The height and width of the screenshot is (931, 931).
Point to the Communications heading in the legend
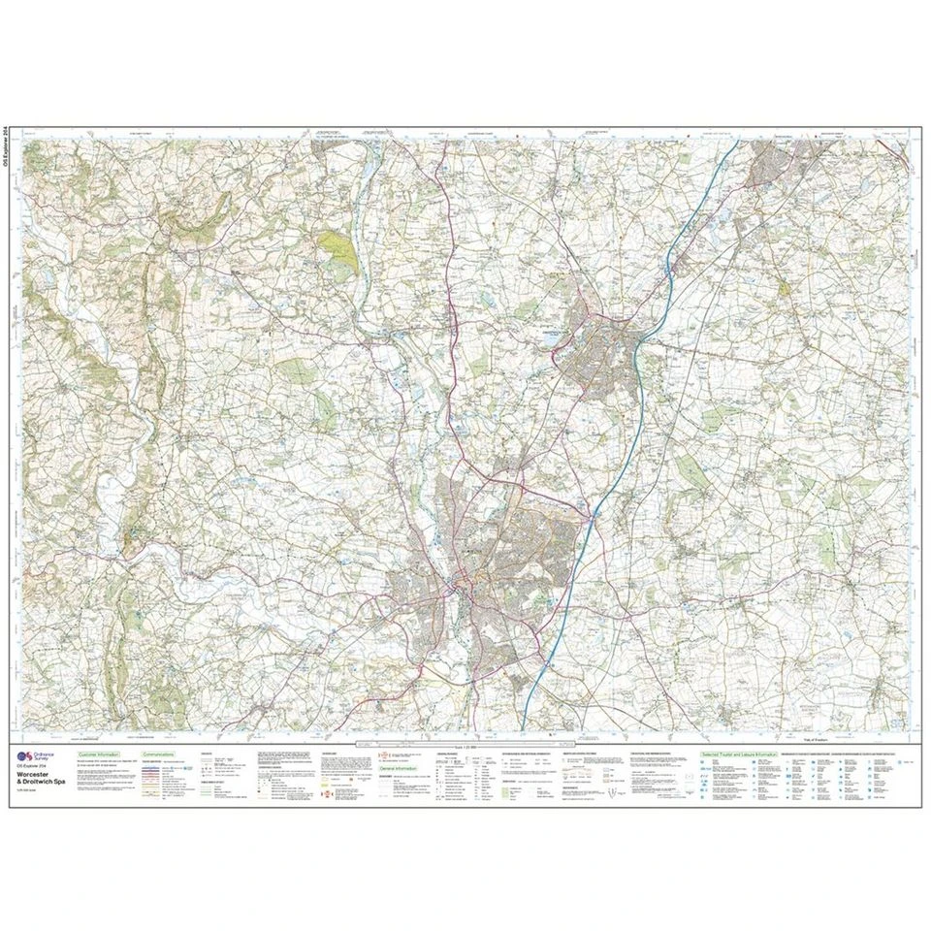pos(158,753)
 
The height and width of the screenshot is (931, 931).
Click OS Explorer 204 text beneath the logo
pos(38,767)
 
